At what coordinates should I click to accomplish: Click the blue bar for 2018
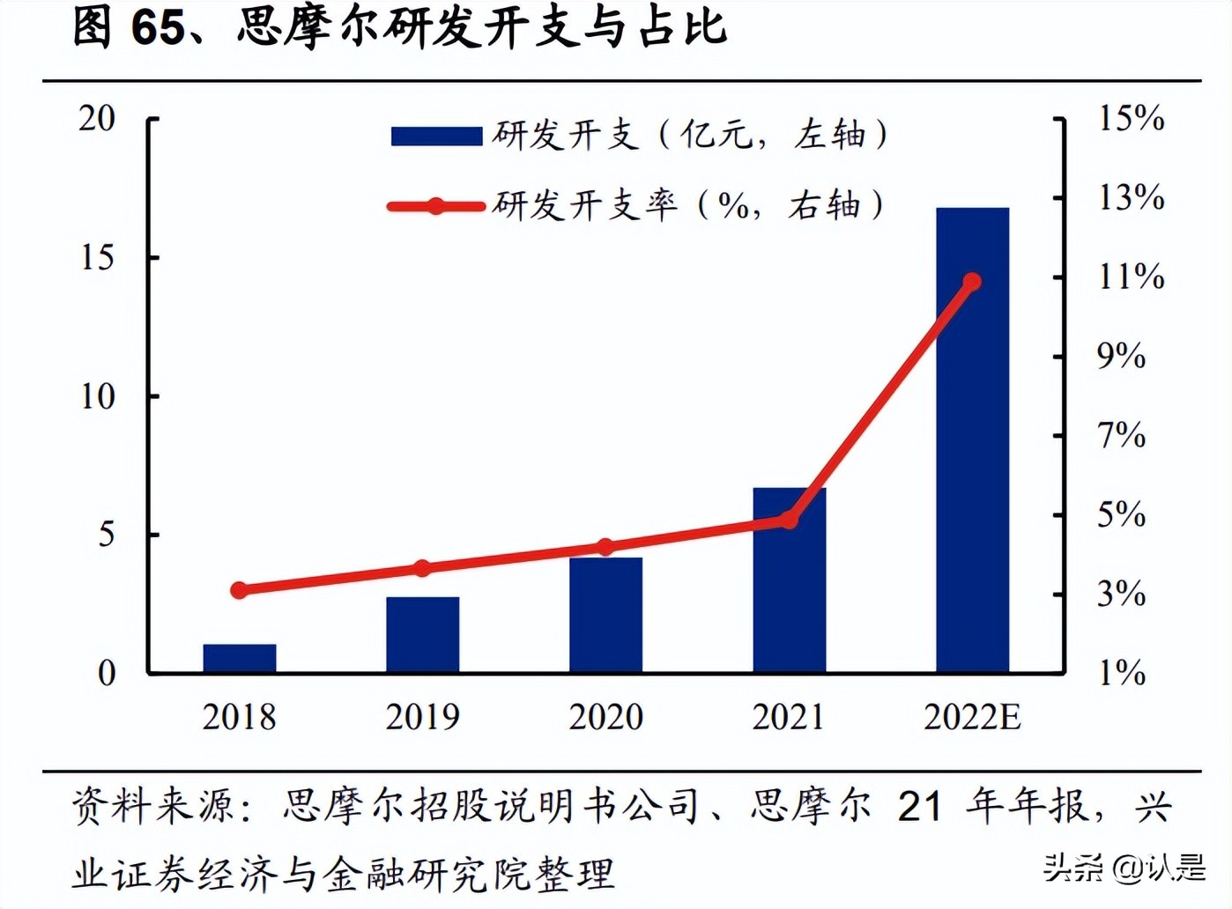click(x=240, y=659)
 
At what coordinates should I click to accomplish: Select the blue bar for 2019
click(x=423, y=635)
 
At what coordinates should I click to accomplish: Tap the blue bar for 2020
click(x=605, y=616)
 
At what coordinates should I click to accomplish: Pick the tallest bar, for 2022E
click(x=972, y=440)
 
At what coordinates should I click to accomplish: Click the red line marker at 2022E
click(x=972, y=282)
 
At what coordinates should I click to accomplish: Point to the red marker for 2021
click(x=789, y=520)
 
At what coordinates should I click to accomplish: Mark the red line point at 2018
click(x=240, y=590)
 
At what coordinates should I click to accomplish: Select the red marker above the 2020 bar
click(x=605, y=547)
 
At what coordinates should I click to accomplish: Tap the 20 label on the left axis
click(x=97, y=118)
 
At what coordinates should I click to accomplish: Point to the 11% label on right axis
click(x=1131, y=277)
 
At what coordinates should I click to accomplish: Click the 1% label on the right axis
click(x=1121, y=674)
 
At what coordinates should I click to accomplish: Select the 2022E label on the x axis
click(x=972, y=717)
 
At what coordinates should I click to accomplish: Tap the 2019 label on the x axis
click(x=423, y=717)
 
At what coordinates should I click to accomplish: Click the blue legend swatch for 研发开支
click(x=436, y=136)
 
